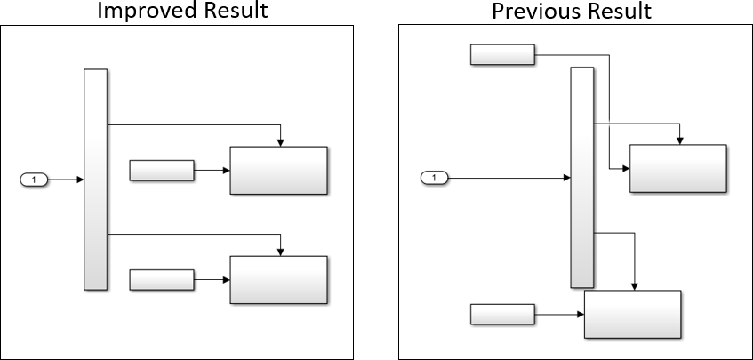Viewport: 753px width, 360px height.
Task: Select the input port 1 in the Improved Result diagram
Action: [34, 180]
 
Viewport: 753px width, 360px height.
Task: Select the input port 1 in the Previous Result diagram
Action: [434, 179]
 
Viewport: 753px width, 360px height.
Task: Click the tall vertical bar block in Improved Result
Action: [95, 179]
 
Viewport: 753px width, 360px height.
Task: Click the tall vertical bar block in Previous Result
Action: [581, 178]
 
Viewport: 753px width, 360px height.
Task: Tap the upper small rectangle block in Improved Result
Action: [161, 170]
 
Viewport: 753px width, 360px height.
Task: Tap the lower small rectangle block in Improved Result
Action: [161, 280]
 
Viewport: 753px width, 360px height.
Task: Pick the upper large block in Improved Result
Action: [278, 170]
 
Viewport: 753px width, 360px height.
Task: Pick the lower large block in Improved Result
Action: [278, 280]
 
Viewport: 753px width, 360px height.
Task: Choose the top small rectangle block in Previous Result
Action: [501, 54]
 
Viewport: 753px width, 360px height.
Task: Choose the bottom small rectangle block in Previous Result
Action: [501, 314]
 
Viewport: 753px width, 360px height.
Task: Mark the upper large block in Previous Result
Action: [677, 168]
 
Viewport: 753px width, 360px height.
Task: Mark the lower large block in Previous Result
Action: [632, 314]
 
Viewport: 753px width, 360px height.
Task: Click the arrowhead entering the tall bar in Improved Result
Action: [80, 180]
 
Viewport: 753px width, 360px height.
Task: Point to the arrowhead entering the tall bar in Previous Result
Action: [566, 179]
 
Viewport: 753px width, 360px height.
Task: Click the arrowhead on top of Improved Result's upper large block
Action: [281, 141]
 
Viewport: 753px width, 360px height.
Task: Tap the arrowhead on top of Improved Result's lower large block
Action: [281, 252]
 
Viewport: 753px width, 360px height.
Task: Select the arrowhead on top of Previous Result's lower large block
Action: [634, 285]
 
